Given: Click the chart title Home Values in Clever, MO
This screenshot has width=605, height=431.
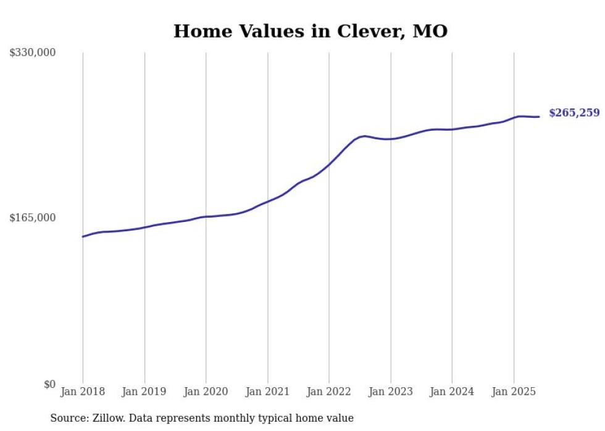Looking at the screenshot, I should [310, 31].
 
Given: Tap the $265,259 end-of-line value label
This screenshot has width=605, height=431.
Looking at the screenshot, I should [574, 113].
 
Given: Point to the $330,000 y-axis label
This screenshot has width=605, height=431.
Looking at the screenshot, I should [32, 53].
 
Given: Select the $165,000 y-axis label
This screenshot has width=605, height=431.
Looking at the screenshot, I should [32, 218].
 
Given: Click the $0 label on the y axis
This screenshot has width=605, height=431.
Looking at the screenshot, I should [49, 385].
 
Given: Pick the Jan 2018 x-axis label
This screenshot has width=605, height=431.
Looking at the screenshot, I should [83, 392].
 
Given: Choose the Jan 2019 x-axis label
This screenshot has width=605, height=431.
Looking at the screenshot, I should [144, 392].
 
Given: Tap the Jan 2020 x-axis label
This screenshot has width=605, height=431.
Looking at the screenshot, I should [206, 392].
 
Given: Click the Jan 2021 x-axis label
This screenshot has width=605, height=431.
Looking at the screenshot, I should [267, 392].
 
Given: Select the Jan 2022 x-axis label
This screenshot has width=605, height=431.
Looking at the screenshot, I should [329, 392].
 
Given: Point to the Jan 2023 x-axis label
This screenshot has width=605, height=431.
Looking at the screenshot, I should [390, 392].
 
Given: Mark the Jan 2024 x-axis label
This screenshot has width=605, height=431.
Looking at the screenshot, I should [452, 392].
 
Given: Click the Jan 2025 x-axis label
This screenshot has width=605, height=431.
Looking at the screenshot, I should [514, 392].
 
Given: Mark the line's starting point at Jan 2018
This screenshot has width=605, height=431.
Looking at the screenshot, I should [83, 236].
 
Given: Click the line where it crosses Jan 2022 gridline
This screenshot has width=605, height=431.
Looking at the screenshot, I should [329, 164].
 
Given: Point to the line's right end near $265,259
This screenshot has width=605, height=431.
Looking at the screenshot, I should [539, 117].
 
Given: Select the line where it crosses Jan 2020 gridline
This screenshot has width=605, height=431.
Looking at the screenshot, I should [206, 216].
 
